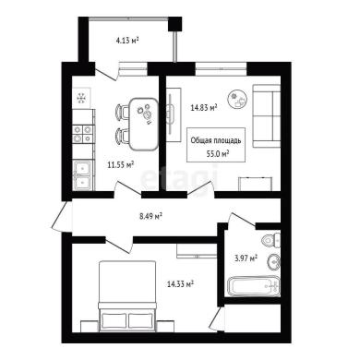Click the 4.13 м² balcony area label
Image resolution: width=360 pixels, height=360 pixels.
coord(127,41)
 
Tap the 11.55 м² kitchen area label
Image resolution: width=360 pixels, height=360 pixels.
coord(121,165)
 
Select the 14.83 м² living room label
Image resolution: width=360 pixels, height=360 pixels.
coord(204,107)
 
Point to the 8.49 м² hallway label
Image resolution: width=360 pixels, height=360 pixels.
coord(151,217)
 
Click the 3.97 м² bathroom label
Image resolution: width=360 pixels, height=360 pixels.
coord(246,258)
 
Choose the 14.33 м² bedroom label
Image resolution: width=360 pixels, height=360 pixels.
coord(180,283)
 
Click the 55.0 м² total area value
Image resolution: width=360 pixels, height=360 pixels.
coord(218,154)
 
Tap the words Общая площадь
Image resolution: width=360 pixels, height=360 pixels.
coord(216,141)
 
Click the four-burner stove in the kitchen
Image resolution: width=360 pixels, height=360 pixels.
coord(82,135)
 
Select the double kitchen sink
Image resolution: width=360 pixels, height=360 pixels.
coord(82,175)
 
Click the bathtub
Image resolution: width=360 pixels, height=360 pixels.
coord(254,286)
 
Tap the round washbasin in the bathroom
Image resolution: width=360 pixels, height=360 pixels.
coord(273,262)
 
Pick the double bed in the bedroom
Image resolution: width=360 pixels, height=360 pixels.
coord(126,296)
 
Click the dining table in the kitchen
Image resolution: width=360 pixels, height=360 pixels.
coord(143,124)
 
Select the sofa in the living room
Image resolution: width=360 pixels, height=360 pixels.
coord(267,115)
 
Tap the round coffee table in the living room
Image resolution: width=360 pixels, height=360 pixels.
coord(237,98)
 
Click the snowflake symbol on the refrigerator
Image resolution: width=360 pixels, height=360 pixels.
coord(81,99)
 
